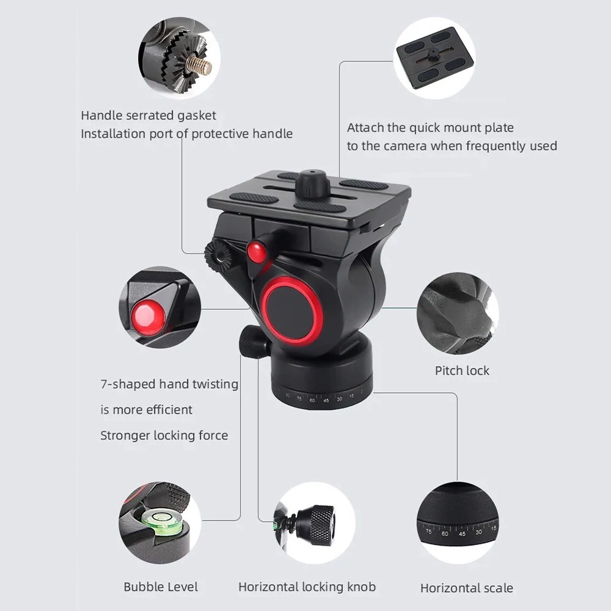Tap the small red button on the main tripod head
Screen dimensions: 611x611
click(x=257, y=252)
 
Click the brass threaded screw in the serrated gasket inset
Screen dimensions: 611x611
click(x=199, y=65)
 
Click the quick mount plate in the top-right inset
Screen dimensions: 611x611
click(x=435, y=57)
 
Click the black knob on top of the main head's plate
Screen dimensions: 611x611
click(x=312, y=182)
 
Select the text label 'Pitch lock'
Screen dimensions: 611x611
click(x=462, y=371)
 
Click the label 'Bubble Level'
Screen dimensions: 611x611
click(x=161, y=587)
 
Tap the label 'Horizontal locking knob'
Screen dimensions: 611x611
click(x=307, y=587)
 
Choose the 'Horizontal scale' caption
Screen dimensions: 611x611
click(x=466, y=588)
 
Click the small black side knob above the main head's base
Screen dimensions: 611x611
click(x=249, y=342)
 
